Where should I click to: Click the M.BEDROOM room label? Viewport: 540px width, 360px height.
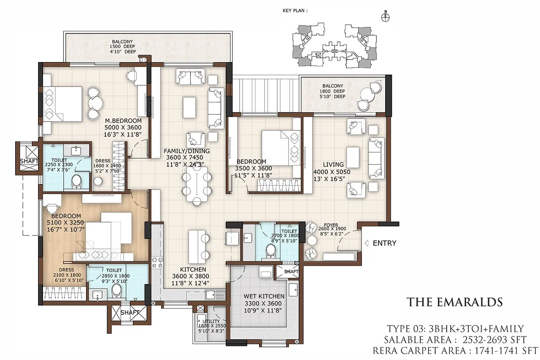click(x=123, y=121)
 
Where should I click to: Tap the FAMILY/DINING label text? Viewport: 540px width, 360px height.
click(x=187, y=151)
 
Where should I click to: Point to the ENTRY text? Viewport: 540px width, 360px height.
click(x=385, y=243)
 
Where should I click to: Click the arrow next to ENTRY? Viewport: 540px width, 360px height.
click(x=367, y=243)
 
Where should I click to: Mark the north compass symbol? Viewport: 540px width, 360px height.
click(x=385, y=17)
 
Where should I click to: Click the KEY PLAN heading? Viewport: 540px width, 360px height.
click(x=294, y=11)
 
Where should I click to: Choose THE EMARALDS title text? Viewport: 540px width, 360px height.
click(x=454, y=302)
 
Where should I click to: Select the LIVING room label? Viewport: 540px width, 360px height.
click(x=334, y=165)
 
